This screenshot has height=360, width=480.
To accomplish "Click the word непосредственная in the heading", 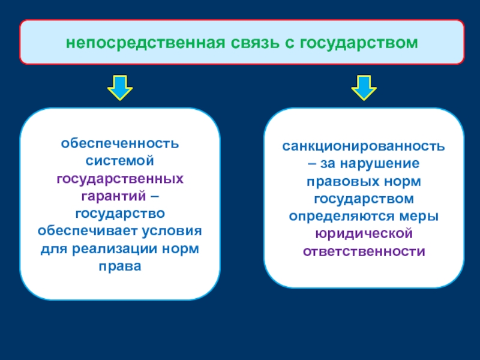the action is click(x=145, y=43).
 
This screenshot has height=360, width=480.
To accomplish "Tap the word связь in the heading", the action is click(x=255, y=43).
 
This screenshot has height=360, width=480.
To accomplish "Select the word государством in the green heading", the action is click(x=359, y=43).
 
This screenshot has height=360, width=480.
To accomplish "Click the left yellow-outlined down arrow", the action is click(x=120, y=88).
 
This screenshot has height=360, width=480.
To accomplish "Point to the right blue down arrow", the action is click(x=364, y=88).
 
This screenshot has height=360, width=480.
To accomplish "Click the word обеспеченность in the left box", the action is click(x=119, y=143).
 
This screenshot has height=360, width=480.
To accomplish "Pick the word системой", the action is click(x=119, y=161).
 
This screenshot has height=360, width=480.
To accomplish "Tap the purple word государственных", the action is click(x=120, y=179).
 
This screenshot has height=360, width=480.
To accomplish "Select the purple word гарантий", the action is click(x=113, y=196).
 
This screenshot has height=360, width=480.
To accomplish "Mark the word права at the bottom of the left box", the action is click(x=120, y=267).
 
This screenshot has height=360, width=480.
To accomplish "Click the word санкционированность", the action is click(x=364, y=146).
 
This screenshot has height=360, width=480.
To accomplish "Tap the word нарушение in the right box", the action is click(x=380, y=164).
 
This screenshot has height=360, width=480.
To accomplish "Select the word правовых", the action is click(x=343, y=182).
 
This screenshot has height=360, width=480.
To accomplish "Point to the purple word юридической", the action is click(x=364, y=234).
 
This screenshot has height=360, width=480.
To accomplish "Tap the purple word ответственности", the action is click(x=364, y=251).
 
